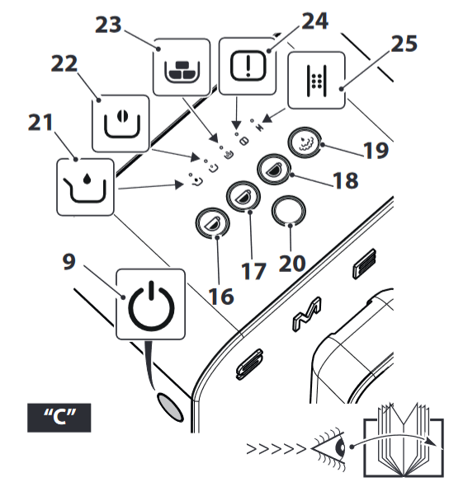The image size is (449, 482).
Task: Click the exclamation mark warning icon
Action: point(248,64)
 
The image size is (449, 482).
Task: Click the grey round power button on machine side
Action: point(168,403)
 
